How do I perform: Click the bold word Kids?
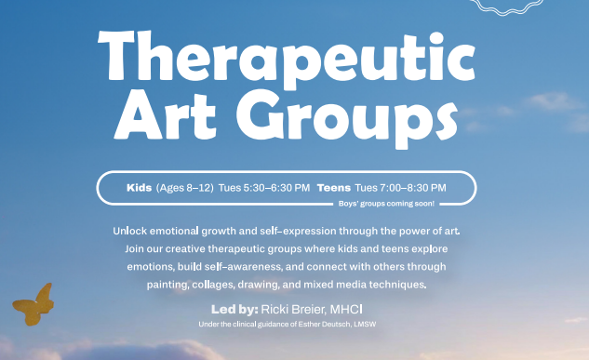coord(138,188)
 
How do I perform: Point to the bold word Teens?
coord(333,188)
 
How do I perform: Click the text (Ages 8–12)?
coord(184,188)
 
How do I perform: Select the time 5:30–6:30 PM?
coord(277,188)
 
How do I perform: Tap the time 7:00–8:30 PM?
coord(413,188)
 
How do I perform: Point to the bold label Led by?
coord(234,308)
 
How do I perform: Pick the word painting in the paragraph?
coord(167,285)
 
